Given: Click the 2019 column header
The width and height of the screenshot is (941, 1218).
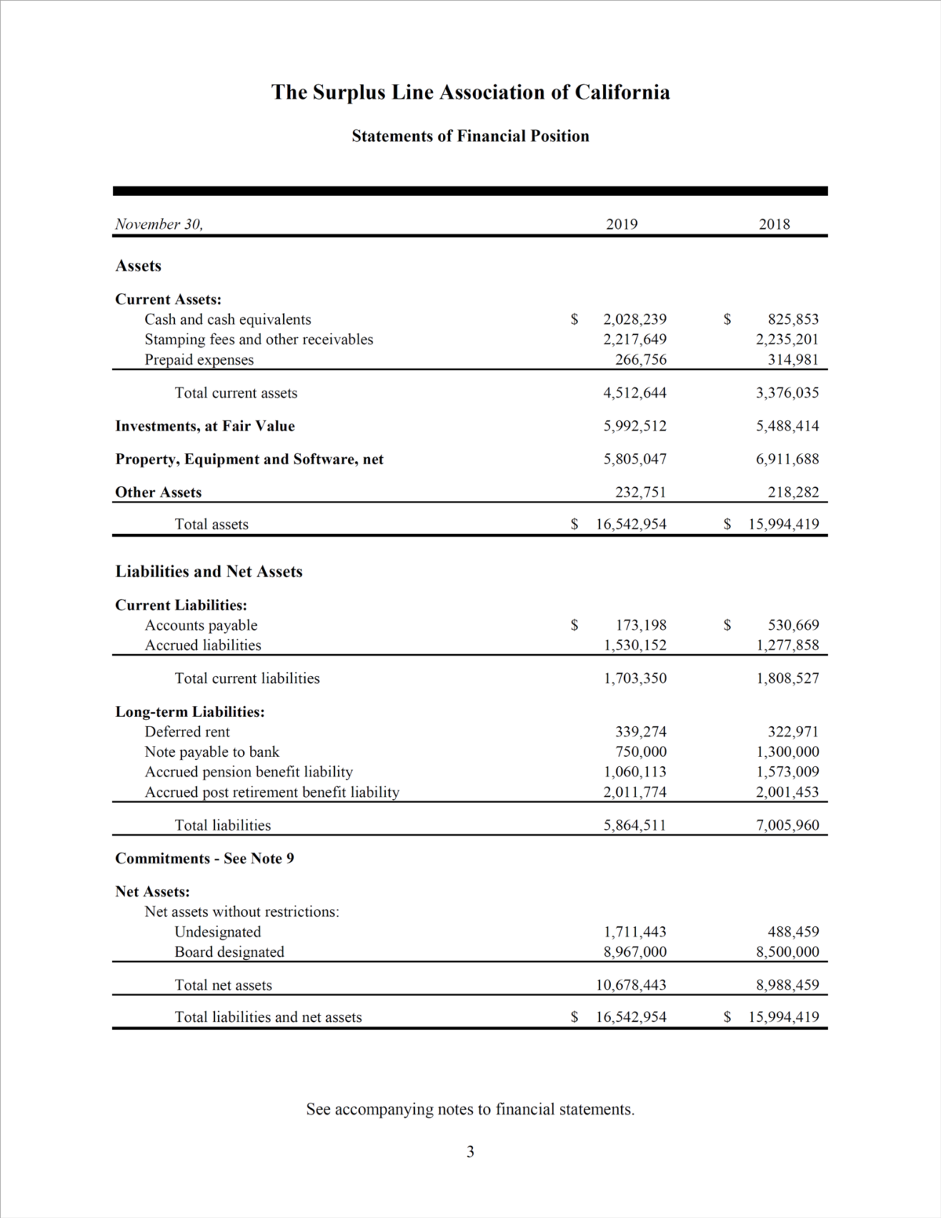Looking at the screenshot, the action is click(622, 224).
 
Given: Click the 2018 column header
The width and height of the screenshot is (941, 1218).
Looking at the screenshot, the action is click(774, 224).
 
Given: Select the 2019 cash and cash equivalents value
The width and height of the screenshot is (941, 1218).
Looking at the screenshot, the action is click(634, 319).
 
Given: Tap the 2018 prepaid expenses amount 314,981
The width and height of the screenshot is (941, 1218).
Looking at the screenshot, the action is click(793, 360).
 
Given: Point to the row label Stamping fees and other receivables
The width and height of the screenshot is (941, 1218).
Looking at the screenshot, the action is click(259, 340).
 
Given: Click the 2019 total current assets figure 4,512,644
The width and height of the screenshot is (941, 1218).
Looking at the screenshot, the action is click(634, 393).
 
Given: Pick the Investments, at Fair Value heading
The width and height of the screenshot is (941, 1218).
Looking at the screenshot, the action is click(205, 426).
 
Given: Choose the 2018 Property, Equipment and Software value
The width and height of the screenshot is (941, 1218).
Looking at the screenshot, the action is click(787, 459).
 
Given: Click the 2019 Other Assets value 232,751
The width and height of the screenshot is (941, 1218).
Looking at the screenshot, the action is click(641, 493).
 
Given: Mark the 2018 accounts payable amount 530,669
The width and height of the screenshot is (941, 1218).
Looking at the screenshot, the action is click(794, 625).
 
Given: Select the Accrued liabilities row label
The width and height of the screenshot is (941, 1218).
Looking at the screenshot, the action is click(203, 645).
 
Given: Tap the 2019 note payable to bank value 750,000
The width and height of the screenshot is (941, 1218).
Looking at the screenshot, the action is click(641, 751).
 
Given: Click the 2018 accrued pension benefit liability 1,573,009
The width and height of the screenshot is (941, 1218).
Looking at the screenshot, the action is click(787, 772).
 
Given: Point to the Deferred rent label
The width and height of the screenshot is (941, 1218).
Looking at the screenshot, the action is click(187, 732).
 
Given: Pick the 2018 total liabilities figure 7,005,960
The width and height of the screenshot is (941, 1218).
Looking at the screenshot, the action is click(787, 825).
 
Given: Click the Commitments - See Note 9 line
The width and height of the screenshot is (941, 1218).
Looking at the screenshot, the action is click(205, 858).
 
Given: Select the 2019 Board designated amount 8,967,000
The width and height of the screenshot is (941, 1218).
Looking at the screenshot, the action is click(634, 952).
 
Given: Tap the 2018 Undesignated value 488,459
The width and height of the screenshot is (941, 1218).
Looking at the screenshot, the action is click(794, 932).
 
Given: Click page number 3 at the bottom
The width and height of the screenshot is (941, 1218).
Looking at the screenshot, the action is click(470, 1151).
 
